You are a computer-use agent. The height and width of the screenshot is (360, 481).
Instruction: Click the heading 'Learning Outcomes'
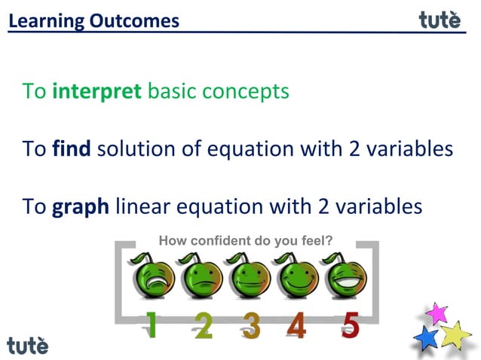click(94, 20)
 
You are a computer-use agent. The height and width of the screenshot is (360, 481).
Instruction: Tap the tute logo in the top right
click(439, 20)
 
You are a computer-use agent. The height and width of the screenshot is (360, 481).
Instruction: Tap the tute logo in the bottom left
click(27, 345)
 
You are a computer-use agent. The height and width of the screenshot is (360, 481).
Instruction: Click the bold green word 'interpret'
click(97, 92)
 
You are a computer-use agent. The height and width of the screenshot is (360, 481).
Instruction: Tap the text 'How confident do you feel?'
click(245, 242)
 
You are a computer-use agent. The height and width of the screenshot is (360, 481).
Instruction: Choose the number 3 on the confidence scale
click(251, 326)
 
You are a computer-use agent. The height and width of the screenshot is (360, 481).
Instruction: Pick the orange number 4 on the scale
click(297, 326)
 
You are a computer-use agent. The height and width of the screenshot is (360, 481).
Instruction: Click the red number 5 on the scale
click(349, 325)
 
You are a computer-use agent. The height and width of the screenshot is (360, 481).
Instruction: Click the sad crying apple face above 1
click(154, 277)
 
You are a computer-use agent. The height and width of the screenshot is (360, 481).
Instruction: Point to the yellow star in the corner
click(455, 334)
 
